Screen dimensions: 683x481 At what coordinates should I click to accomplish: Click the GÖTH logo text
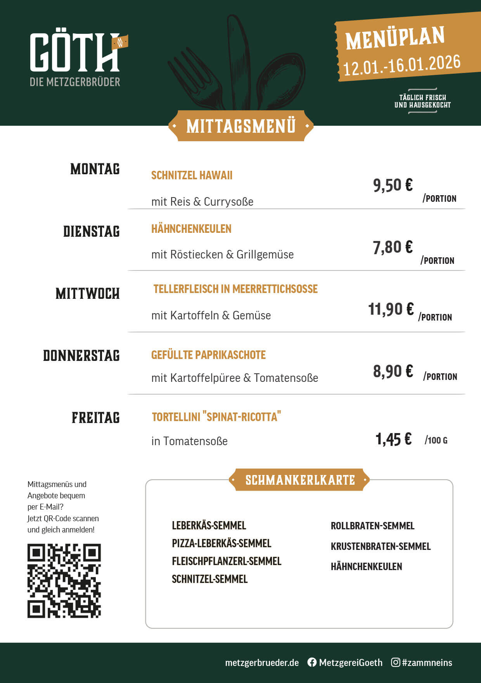[74, 52]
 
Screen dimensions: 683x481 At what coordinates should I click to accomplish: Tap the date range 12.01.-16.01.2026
[402, 65]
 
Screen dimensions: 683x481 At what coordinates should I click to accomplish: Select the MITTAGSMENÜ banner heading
[241, 126]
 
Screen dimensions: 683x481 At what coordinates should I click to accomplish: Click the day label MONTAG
[95, 169]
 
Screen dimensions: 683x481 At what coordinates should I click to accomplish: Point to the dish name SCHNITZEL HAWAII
[192, 175]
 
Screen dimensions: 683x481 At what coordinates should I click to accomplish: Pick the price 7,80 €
[393, 247]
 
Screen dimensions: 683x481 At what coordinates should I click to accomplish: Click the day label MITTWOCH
[88, 293]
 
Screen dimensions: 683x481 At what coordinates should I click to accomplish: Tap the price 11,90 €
[391, 309]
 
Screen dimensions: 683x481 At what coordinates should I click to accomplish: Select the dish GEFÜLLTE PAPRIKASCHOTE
[208, 355]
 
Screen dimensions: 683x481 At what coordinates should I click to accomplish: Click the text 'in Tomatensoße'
[189, 441]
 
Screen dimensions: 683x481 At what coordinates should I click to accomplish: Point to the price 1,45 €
[393, 439]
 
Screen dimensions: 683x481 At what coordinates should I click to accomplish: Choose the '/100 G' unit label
[436, 440]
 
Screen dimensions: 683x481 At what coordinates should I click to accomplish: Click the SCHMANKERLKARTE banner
[300, 480]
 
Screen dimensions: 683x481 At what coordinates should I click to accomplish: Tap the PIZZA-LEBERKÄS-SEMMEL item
[221, 543]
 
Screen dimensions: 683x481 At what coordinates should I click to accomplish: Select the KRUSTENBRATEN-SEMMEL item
[381, 546]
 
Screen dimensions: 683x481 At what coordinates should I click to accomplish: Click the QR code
[64, 581]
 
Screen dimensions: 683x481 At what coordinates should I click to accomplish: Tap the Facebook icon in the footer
[312, 662]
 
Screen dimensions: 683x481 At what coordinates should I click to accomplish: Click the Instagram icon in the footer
[395, 662]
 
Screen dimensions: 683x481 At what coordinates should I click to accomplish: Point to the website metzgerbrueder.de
[262, 662]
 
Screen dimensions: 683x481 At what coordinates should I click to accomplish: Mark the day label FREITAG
[96, 418]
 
